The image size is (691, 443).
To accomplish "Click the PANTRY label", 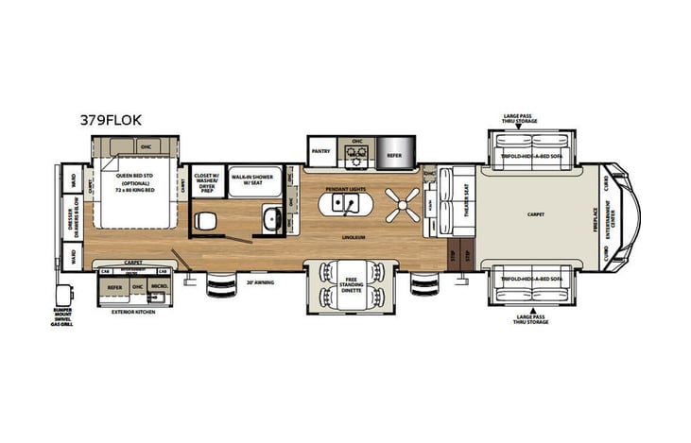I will [320, 150].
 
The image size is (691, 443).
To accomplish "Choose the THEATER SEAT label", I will [467, 200].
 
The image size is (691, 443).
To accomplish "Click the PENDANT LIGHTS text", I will [346, 190].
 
